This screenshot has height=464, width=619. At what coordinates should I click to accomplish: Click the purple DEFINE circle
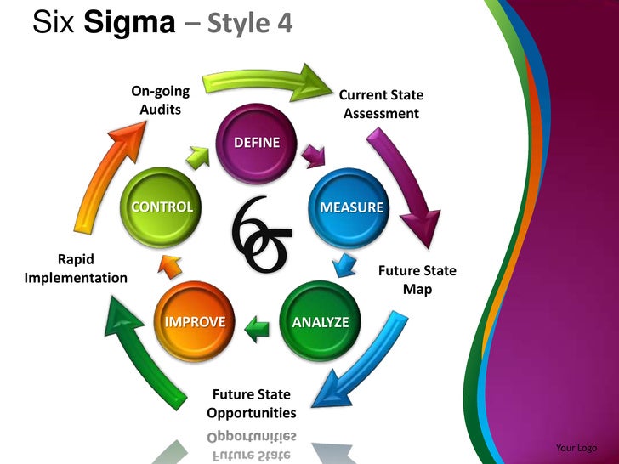pyautogui.click(x=256, y=142)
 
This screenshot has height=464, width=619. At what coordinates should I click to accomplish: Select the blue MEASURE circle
pyautogui.click(x=350, y=207)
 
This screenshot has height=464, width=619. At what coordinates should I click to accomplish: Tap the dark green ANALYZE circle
pyautogui.click(x=320, y=322)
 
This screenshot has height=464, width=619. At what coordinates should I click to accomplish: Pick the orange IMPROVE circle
pyautogui.click(x=195, y=322)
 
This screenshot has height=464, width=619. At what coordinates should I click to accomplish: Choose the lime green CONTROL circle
pyautogui.click(x=162, y=207)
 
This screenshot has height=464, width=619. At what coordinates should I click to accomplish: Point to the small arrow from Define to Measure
pyautogui.click(x=314, y=156)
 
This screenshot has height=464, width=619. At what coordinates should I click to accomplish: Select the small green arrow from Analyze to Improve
pyautogui.click(x=257, y=323)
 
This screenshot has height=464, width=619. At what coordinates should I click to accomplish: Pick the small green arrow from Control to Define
pyautogui.click(x=197, y=157)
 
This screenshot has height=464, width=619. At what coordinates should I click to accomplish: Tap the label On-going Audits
pyautogui.click(x=160, y=100)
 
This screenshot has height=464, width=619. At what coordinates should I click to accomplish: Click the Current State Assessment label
pyautogui.click(x=381, y=105)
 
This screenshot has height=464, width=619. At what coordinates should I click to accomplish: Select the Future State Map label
pyautogui.click(x=417, y=280)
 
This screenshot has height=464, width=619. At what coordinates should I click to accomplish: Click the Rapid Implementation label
pyautogui.click(x=76, y=269)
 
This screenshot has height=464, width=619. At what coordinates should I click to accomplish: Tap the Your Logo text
pyautogui.click(x=576, y=448)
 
